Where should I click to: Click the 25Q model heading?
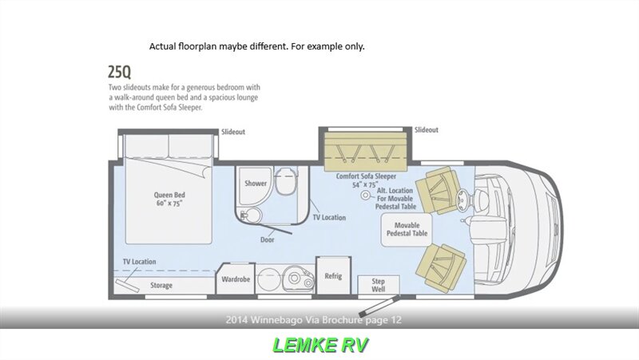tap(121, 73)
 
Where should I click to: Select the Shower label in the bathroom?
tap(256, 184)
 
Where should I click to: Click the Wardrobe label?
tap(236, 279)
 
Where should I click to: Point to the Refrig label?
tap(333, 276)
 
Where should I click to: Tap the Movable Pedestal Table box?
tap(407, 230)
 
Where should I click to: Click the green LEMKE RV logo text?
tap(319, 345)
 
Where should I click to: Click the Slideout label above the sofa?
tap(427, 130)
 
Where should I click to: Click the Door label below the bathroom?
tap(267, 239)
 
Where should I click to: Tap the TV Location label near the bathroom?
tap(329, 217)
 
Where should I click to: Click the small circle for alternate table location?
tap(367, 195)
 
